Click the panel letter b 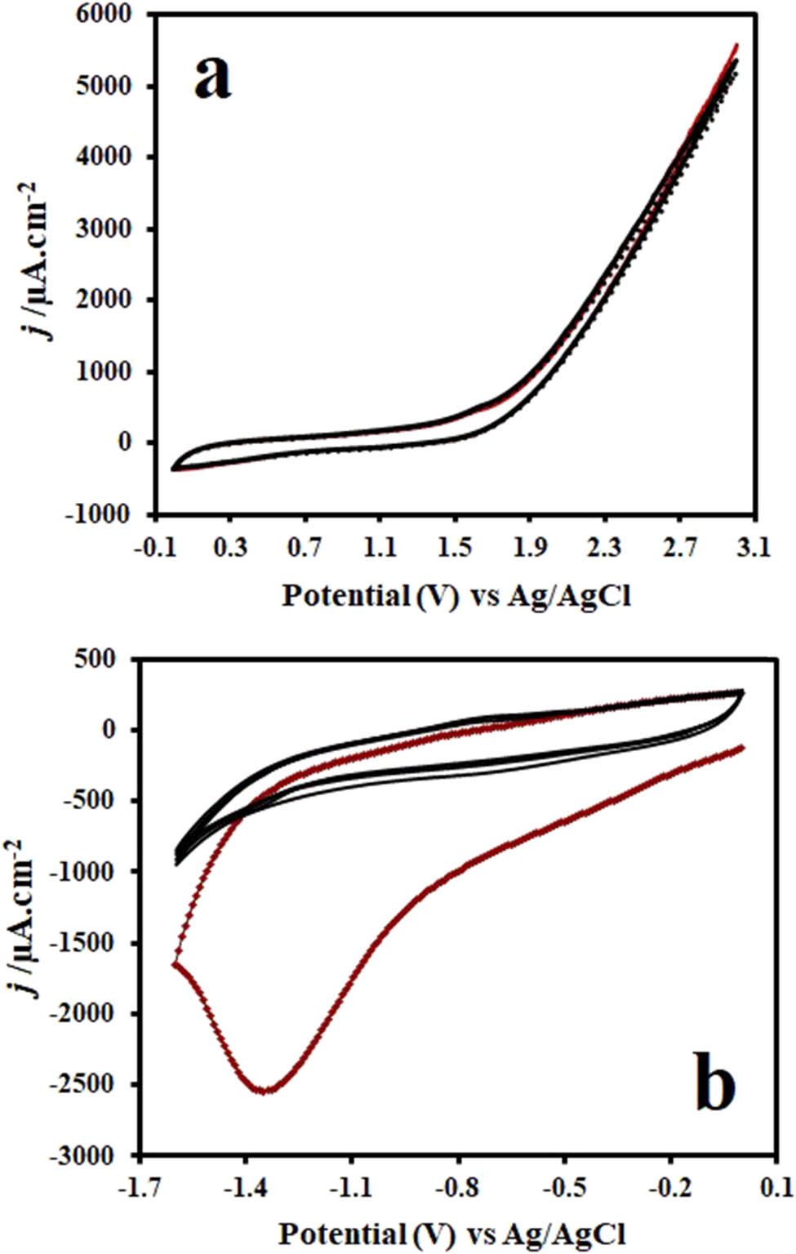pyautogui.click(x=714, y=1085)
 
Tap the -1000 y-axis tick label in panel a pyautogui.click(x=98, y=514)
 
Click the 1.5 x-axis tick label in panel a pyautogui.click(x=455, y=548)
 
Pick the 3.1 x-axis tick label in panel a pyautogui.click(x=753, y=548)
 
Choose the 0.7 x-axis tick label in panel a pyautogui.click(x=305, y=548)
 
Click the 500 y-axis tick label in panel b pyautogui.click(x=96, y=659)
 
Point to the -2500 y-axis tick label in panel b pyautogui.click(x=86, y=1084)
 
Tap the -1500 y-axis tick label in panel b pyautogui.click(x=86, y=943)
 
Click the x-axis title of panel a pyautogui.click(x=456, y=596)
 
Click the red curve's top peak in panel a pyautogui.click(x=736, y=44)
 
